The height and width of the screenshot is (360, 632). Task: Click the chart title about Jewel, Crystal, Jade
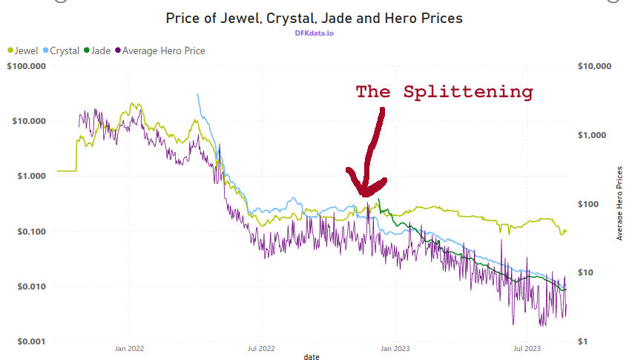[315, 18]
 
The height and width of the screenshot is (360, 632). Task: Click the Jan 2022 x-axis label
[130, 347]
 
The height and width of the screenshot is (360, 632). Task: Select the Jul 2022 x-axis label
[261, 347]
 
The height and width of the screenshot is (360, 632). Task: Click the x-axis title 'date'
[312, 357]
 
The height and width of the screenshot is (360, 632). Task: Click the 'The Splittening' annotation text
[444, 92]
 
